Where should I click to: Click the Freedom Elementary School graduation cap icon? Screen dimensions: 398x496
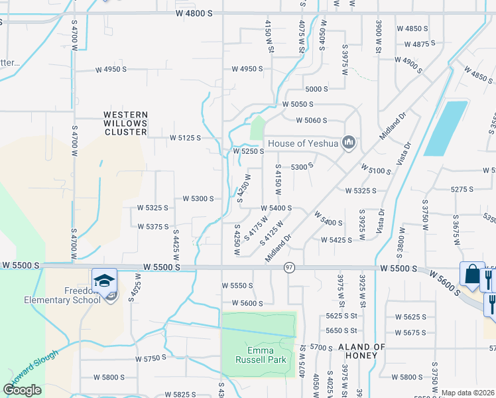(104, 281)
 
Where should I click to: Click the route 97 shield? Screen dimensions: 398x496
(289, 267)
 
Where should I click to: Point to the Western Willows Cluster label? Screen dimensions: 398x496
(125, 123)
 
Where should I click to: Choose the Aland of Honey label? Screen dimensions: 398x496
(361, 352)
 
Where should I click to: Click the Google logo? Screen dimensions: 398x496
(22, 389)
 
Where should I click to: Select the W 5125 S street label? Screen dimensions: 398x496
(185, 138)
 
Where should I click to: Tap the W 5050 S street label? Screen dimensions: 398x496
(297, 105)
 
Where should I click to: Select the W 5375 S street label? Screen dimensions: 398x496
(153, 227)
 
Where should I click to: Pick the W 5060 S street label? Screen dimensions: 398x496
(312, 121)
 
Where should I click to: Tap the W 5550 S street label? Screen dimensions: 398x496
(237, 285)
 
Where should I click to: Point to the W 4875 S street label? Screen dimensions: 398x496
(419, 43)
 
